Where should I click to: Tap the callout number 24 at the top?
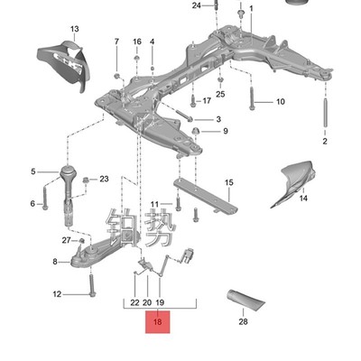coord(198,6)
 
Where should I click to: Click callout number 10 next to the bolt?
coord(280,102)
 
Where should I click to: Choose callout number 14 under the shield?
coord(303,197)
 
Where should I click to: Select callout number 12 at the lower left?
coord(57,294)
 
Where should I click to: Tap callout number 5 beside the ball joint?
coord(34,171)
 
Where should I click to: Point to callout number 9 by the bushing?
coord(225,132)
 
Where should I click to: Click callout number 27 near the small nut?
coord(65,240)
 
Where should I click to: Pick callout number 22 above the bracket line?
coord(134,302)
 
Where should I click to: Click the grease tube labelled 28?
coord(245,299)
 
